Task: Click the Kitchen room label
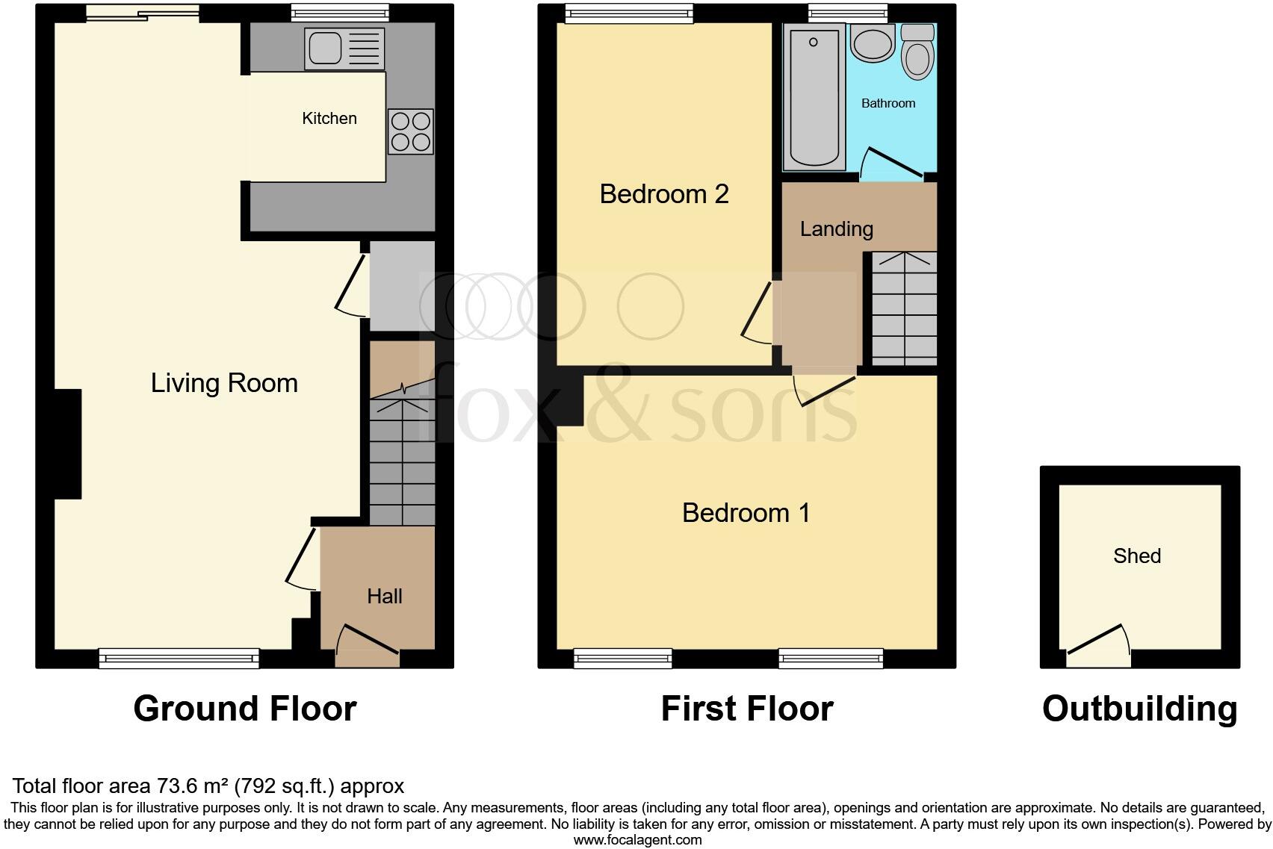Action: coord(329,118)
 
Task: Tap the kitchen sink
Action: coord(344,49)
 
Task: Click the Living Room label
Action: coord(224,383)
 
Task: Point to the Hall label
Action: coord(385,596)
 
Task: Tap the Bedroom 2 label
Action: coord(664,194)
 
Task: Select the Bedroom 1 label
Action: coord(746,513)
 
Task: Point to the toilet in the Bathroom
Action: coord(917,52)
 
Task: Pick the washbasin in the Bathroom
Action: coord(873,43)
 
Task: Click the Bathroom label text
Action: coord(888,103)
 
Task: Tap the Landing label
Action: coord(837,229)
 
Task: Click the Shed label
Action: coord(1137,556)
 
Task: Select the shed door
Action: coord(1099,647)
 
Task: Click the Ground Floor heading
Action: coord(245,709)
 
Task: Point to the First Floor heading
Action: coord(747,709)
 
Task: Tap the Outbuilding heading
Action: coord(1140,709)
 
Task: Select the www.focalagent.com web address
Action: coord(637,840)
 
